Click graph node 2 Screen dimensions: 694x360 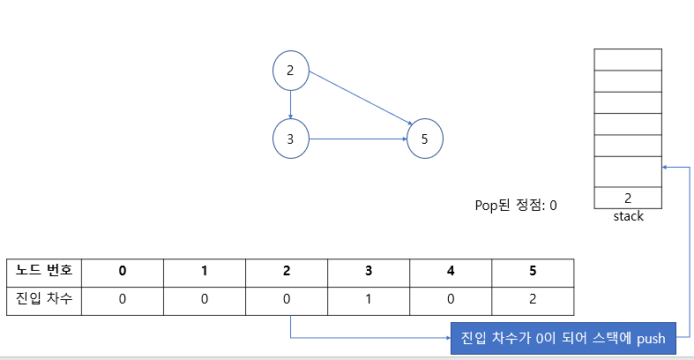[x=290, y=71]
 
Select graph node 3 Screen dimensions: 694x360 [x=290, y=139]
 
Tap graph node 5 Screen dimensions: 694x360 [x=424, y=139]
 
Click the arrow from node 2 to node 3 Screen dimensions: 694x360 [x=290, y=105]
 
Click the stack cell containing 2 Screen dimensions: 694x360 [x=628, y=199]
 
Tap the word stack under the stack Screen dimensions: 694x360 [x=628, y=216]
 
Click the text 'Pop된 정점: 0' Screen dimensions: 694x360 [x=516, y=206]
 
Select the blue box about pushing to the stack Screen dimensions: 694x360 [x=563, y=338]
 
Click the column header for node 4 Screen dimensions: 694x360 [x=451, y=269]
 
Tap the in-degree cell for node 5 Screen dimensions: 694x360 [x=533, y=298]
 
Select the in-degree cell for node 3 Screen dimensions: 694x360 [x=369, y=298]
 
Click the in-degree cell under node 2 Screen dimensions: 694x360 [x=287, y=298]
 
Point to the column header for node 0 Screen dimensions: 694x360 [x=123, y=269]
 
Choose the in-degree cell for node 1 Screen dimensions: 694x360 [x=205, y=298]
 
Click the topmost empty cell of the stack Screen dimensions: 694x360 [x=628, y=59]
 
